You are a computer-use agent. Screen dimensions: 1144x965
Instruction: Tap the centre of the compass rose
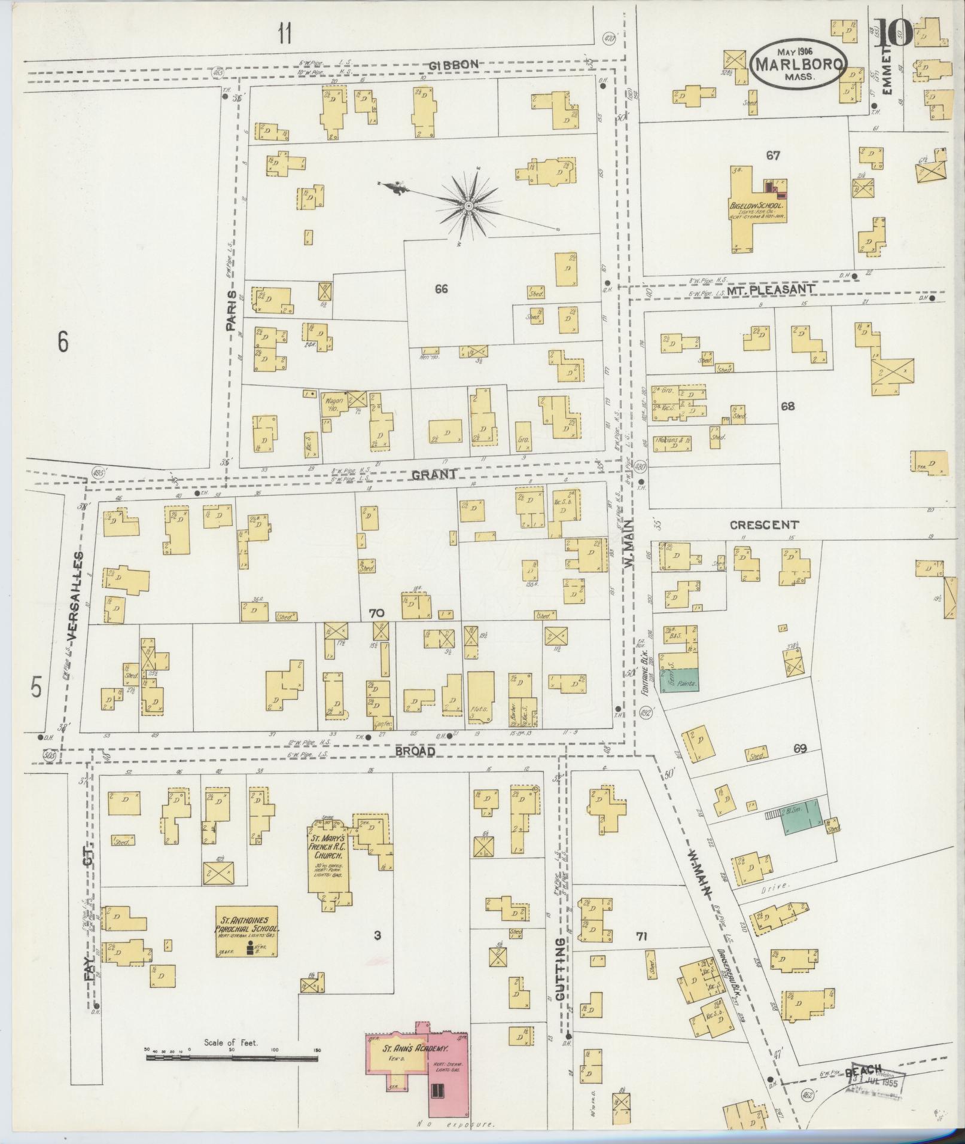tap(468, 206)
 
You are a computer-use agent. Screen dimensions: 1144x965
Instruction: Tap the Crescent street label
tap(764, 525)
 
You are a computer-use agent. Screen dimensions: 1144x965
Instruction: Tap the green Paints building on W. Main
tap(680, 680)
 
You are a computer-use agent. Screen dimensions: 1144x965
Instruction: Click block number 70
tap(376, 614)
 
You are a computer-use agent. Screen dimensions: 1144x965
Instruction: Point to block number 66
tap(441, 289)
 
